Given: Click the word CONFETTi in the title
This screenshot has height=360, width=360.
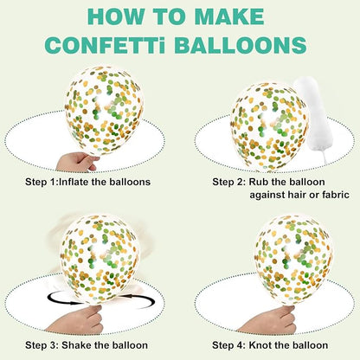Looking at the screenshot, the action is coord(106,45).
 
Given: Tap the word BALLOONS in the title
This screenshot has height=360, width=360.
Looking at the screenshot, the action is coord(241,45).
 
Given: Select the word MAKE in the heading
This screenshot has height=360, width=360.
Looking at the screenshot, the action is coord(229,16).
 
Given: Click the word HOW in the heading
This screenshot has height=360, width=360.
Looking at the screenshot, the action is coord(115,16).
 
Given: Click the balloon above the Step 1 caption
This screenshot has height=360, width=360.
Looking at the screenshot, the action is coord(104,110).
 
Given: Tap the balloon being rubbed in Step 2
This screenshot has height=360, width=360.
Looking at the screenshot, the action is coord(270,126).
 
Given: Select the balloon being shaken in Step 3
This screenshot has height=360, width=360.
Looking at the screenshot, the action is coord(100,260).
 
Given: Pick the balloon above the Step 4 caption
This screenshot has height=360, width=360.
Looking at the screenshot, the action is coord(293,260).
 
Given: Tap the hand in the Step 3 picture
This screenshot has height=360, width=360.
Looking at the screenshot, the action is coord(78,320).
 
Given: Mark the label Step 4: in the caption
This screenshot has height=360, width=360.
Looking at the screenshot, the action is coord(228,345).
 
